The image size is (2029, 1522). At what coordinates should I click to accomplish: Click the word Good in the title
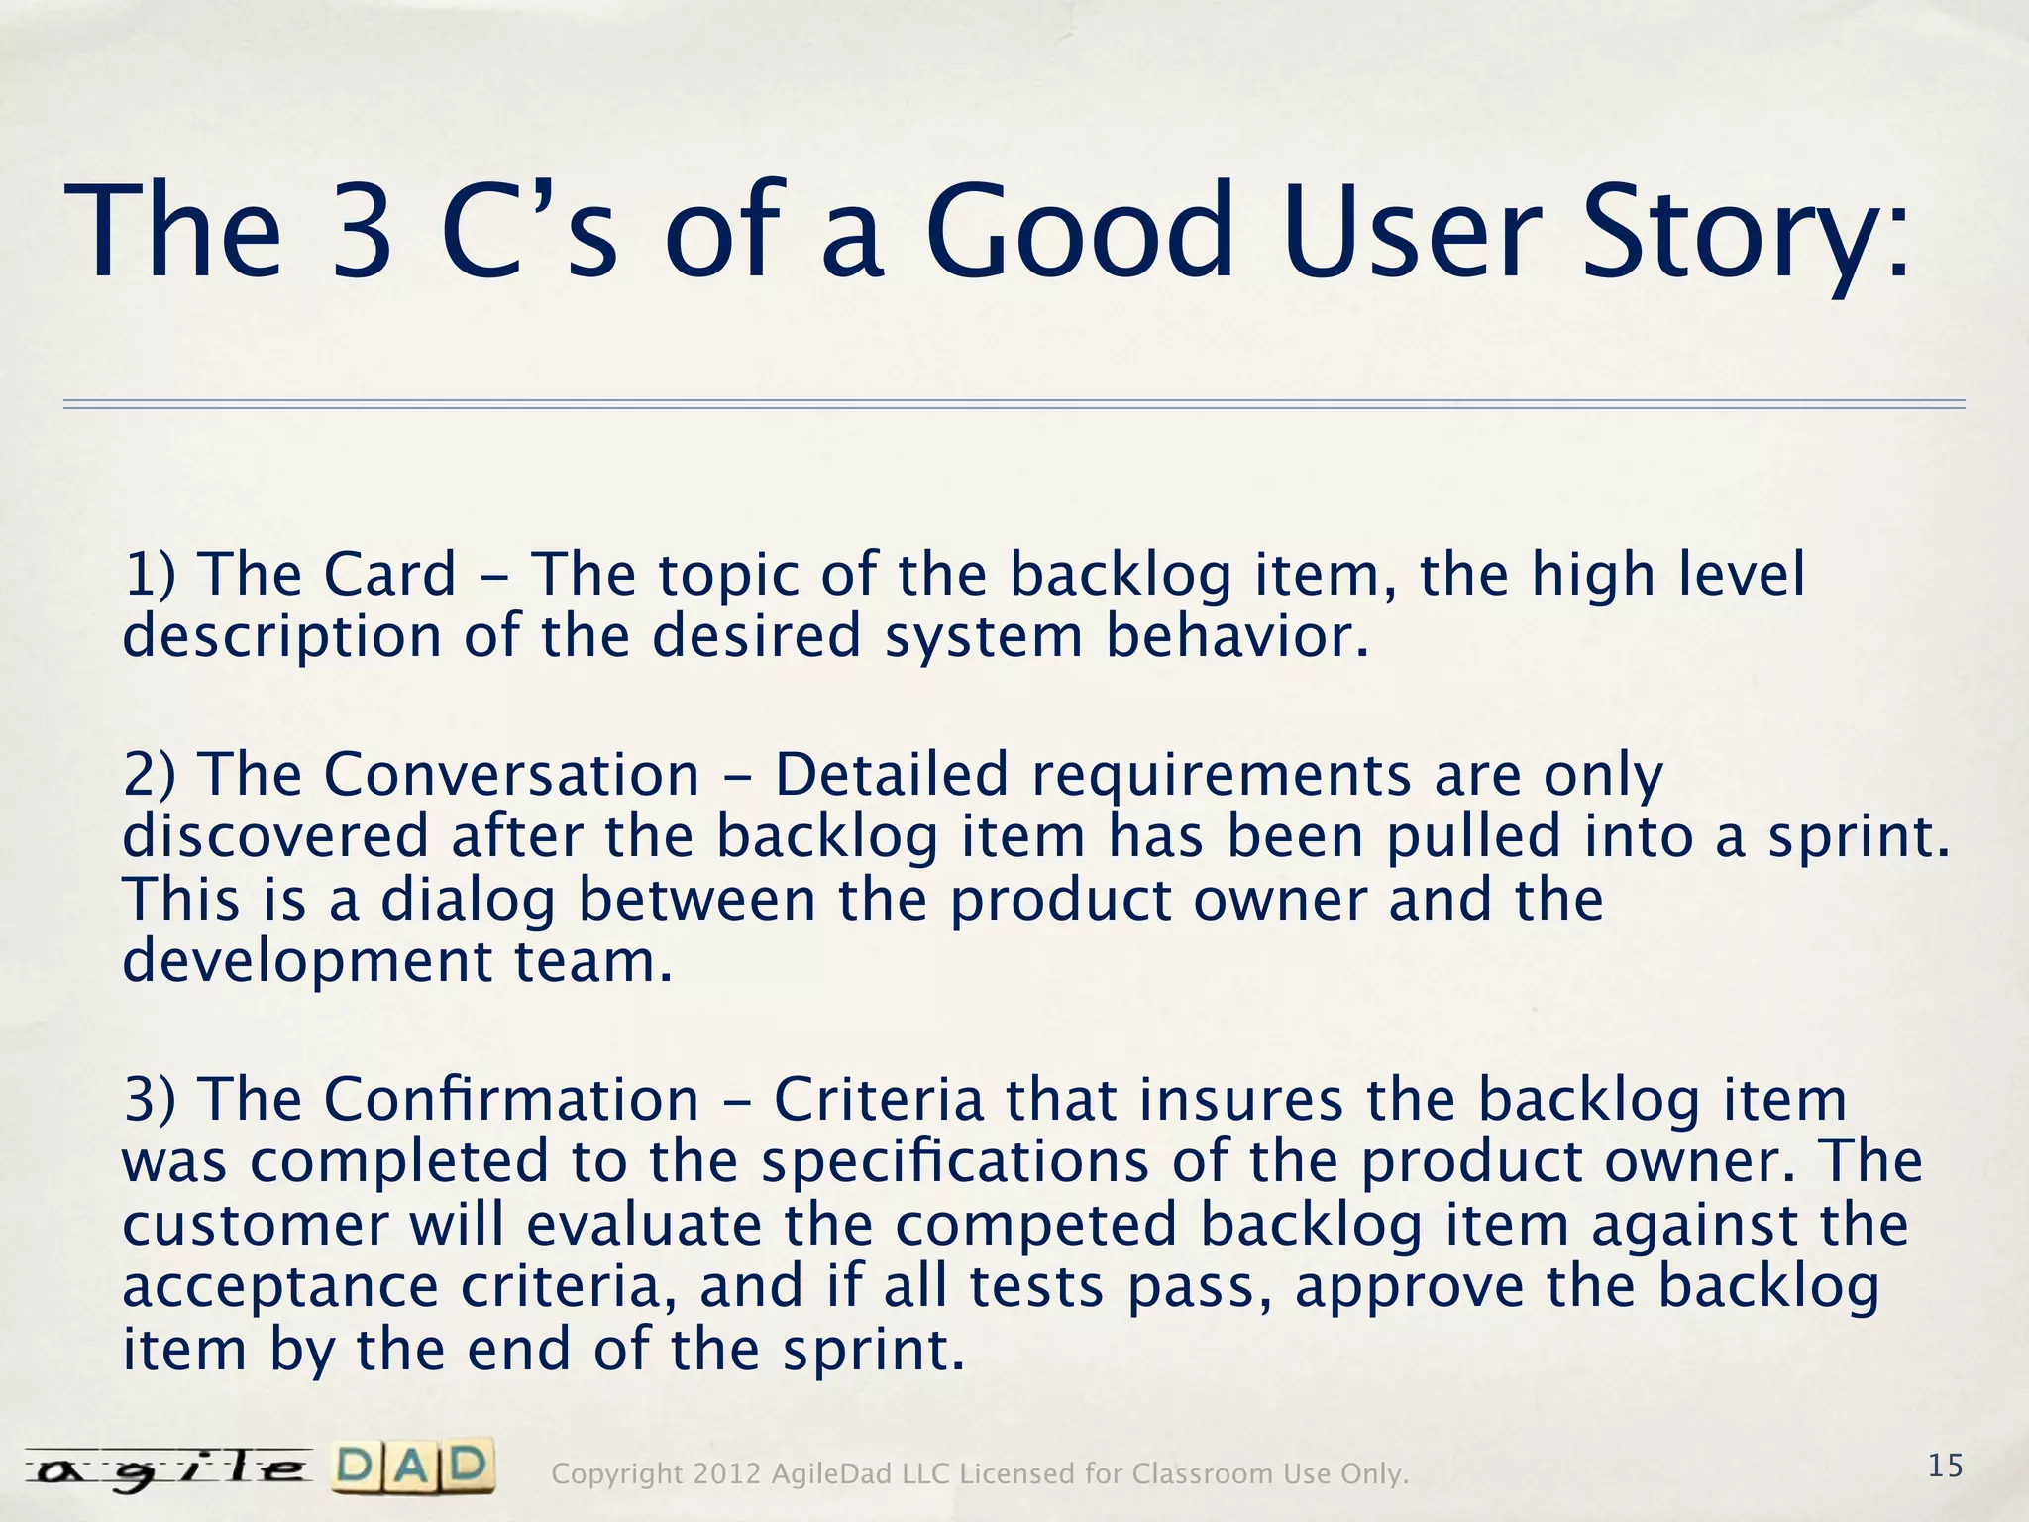point(1080,234)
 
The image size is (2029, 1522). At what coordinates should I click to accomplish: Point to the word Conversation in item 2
point(511,775)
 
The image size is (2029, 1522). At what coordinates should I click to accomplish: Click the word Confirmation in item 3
point(511,1100)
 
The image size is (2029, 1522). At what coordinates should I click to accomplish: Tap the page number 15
point(1946,1466)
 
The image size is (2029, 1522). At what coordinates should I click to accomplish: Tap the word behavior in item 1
point(1237,636)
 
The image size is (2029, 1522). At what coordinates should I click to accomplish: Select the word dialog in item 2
point(469,900)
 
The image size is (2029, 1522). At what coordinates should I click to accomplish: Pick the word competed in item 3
point(1036,1225)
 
